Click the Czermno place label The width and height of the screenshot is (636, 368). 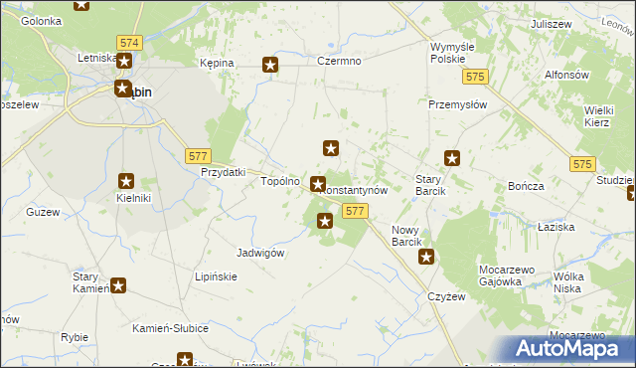point(339,62)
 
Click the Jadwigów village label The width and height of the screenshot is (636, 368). point(261,253)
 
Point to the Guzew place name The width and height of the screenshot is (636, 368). point(43,212)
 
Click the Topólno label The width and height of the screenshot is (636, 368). point(279,182)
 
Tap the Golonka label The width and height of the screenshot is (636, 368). point(41,20)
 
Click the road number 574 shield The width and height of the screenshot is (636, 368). point(128,44)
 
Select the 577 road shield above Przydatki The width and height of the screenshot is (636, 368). point(198,155)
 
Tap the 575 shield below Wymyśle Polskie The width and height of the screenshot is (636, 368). point(478,78)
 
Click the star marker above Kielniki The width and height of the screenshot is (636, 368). point(127,180)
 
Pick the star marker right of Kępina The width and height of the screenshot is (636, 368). point(270,66)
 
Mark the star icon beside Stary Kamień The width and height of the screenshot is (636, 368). point(118,286)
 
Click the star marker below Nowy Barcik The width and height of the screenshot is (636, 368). point(426,258)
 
